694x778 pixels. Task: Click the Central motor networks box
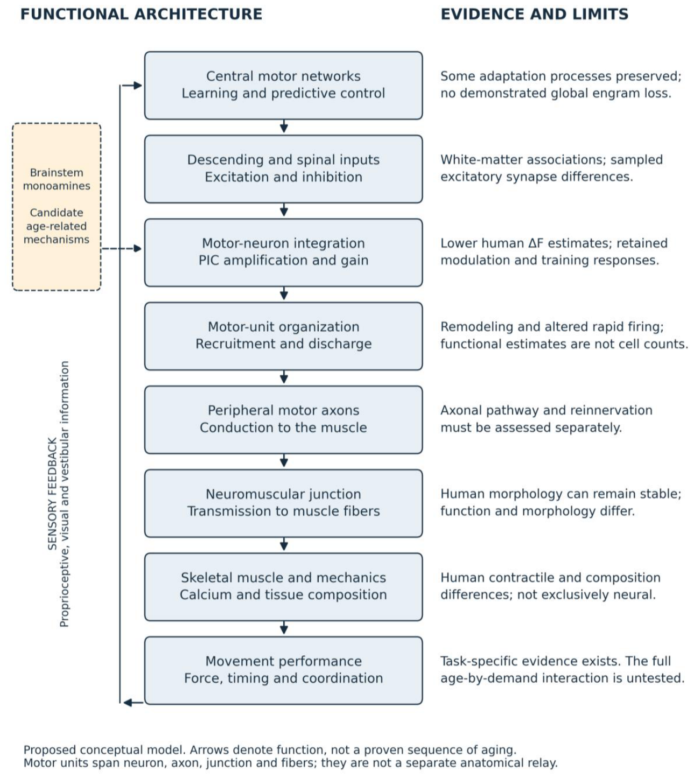pyautogui.click(x=283, y=85)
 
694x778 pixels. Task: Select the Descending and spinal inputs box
pyautogui.click(x=283, y=169)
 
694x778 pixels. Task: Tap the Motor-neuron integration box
pyautogui.click(x=283, y=253)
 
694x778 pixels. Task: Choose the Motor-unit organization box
pyautogui.click(x=283, y=335)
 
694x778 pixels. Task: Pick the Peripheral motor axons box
pyautogui.click(x=283, y=419)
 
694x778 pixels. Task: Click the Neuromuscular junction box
pyautogui.click(x=283, y=503)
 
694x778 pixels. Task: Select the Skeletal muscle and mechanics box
pyautogui.click(x=283, y=586)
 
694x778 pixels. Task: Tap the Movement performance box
pyautogui.click(x=283, y=670)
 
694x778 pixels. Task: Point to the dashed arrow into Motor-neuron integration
pyautogui.click(x=121, y=248)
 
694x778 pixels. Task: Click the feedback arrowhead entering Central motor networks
pyautogui.click(x=137, y=85)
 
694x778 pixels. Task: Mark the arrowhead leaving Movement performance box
pyautogui.click(x=128, y=703)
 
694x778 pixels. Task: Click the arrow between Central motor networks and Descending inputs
pyautogui.click(x=284, y=127)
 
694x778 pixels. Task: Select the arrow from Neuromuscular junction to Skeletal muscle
pyautogui.click(x=284, y=544)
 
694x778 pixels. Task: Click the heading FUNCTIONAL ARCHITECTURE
pyautogui.click(x=141, y=14)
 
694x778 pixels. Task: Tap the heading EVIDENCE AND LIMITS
pyautogui.click(x=534, y=14)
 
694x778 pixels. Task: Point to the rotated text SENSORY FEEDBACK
pyautogui.click(x=52, y=493)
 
